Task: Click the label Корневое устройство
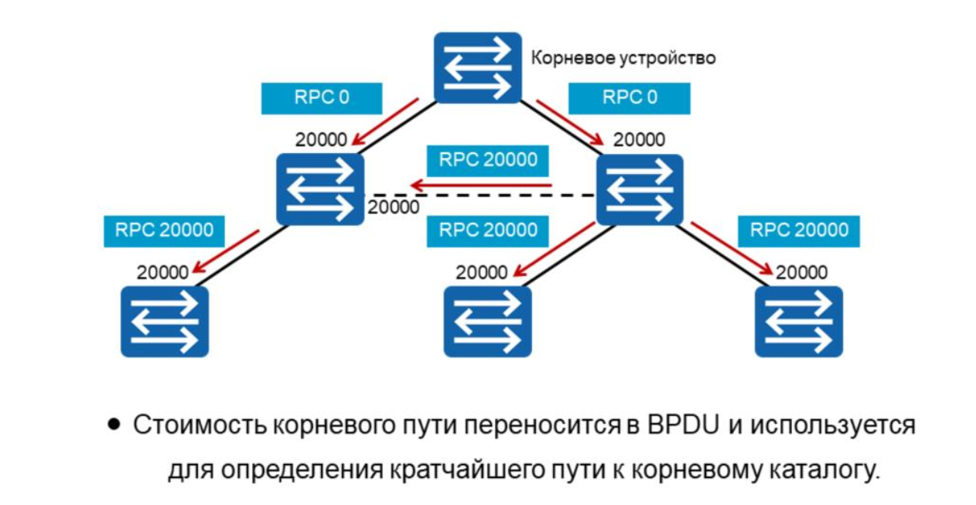(x=623, y=58)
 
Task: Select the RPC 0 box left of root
(x=322, y=98)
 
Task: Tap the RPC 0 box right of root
(x=629, y=98)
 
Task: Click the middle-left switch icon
(x=320, y=189)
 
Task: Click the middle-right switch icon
(x=640, y=189)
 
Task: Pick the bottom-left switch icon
(x=165, y=321)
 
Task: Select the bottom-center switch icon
(x=488, y=321)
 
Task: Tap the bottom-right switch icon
(x=799, y=321)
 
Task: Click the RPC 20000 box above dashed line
(x=487, y=160)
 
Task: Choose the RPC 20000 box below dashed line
(x=487, y=230)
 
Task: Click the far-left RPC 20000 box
(x=165, y=230)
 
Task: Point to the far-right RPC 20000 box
(x=799, y=230)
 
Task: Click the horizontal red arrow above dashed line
(x=480, y=186)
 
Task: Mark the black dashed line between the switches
(x=479, y=196)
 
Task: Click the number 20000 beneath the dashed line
(x=394, y=207)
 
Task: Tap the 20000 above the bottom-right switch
(x=801, y=272)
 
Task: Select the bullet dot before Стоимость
(x=114, y=425)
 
